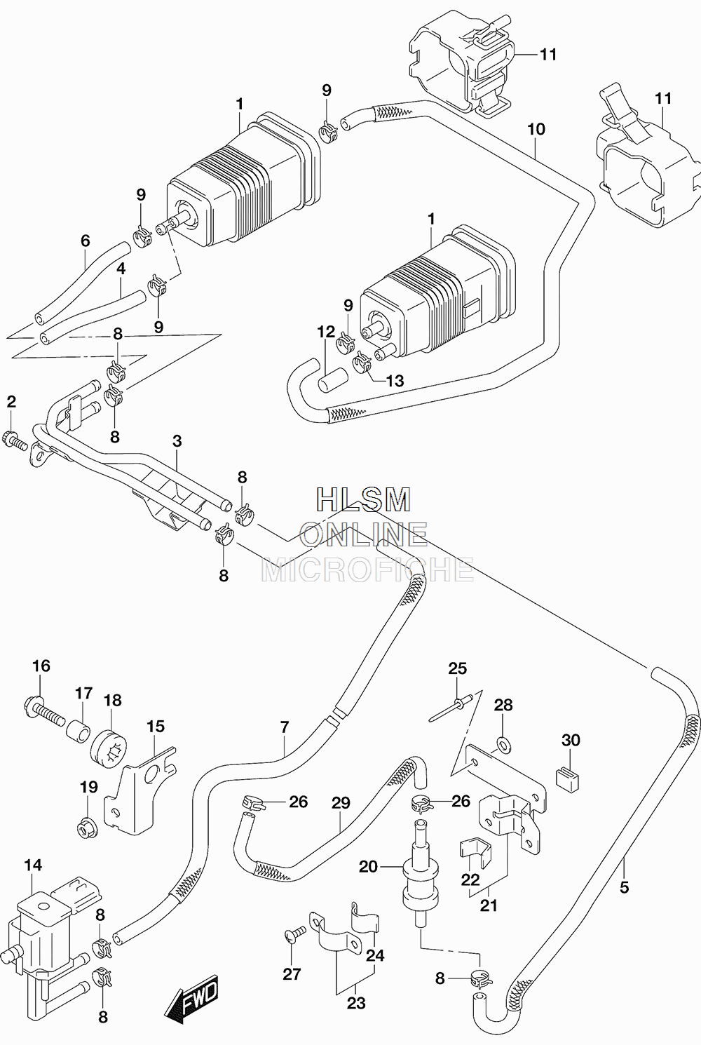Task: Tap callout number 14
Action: [x=33, y=865]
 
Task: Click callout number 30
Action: [x=571, y=740]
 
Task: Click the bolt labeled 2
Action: [x=17, y=439]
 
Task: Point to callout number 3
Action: [x=177, y=441]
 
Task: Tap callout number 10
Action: [x=536, y=129]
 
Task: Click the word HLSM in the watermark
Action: [x=363, y=499]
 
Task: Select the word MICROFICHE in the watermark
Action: [x=368, y=569]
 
